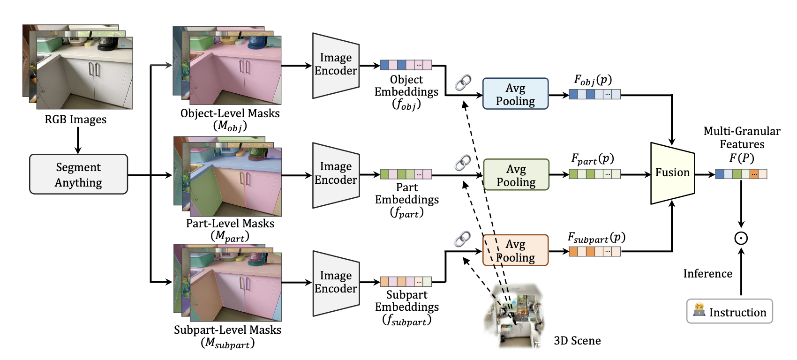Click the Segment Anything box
(x=78, y=174)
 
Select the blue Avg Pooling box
(x=515, y=94)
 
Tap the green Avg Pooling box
(x=516, y=175)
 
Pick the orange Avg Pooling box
(x=515, y=250)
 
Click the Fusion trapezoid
(x=672, y=173)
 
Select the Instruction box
(x=729, y=311)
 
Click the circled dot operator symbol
(x=741, y=238)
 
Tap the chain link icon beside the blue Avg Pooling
(x=463, y=82)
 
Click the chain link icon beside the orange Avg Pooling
(x=463, y=239)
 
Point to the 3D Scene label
(x=577, y=340)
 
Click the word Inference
(x=708, y=274)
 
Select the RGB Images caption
(x=75, y=120)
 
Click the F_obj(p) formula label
(x=593, y=80)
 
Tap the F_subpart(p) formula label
(x=596, y=238)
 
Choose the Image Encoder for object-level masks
(x=336, y=66)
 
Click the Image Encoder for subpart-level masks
(x=336, y=283)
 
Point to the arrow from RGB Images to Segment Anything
(x=77, y=140)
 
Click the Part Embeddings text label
(x=407, y=194)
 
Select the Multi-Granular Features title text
(x=742, y=138)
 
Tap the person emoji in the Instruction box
(x=699, y=310)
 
